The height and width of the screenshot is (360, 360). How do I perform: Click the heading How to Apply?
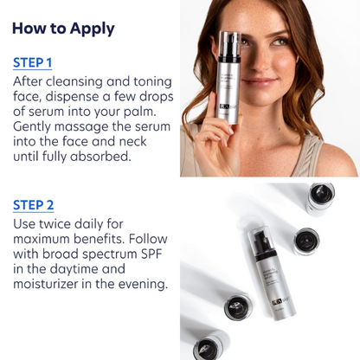63,29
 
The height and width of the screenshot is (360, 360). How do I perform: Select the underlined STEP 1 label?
33,63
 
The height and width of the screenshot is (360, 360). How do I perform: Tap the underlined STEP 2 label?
34,205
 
